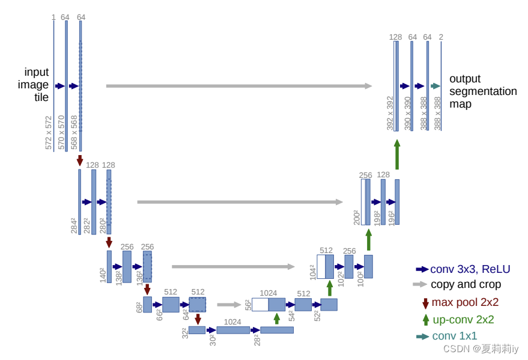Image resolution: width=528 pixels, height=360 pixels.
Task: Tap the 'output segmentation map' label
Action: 482,91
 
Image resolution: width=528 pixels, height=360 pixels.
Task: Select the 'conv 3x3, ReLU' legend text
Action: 470,269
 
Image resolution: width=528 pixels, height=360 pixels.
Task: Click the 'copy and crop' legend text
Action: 466,284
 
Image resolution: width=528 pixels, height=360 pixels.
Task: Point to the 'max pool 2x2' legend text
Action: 465,302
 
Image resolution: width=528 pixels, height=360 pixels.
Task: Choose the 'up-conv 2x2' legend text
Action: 463,320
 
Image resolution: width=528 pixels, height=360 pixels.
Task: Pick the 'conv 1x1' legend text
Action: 454,336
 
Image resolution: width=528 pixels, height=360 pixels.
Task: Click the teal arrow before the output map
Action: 435,86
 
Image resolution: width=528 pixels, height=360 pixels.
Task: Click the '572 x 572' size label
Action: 49,132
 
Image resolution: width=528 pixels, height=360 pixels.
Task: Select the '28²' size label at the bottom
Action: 256,340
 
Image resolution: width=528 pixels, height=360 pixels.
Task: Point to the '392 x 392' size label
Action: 390,113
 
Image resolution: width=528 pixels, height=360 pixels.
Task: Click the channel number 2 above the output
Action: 441,37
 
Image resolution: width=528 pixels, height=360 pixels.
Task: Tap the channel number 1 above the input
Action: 53,17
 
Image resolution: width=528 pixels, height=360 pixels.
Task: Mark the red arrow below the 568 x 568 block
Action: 80,160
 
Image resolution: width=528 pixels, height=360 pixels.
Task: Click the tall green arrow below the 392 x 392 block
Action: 397,155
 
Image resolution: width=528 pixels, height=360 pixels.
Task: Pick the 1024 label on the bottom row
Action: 232,322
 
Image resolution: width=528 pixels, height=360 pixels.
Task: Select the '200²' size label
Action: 357,217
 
